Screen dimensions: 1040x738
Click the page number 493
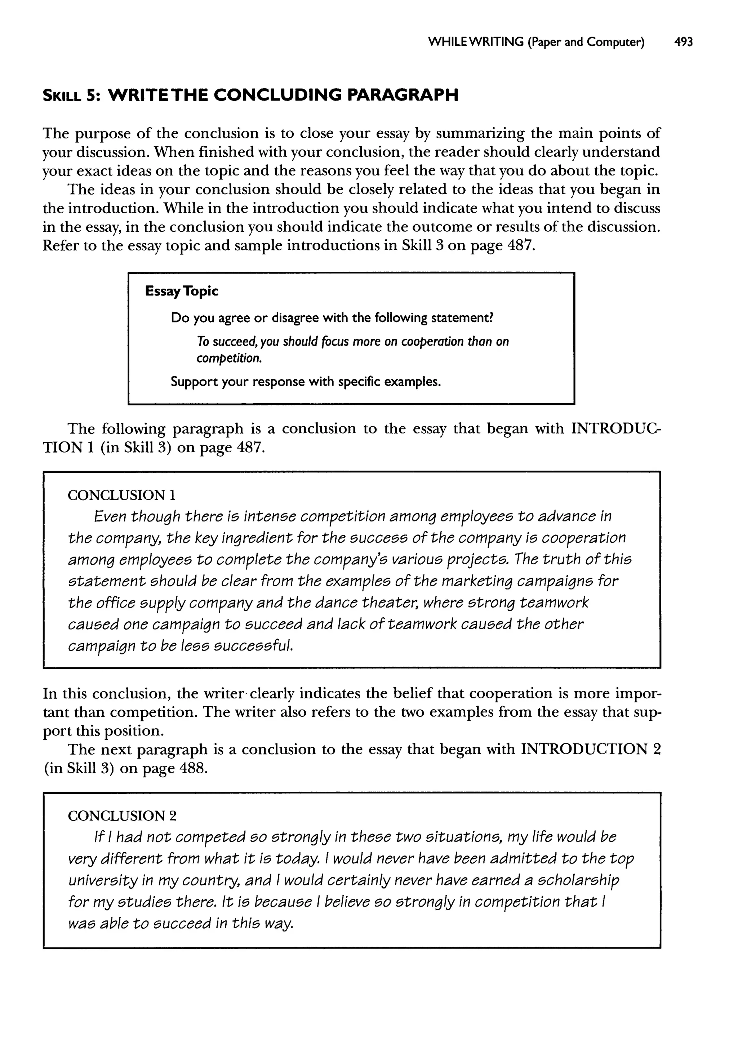[684, 42]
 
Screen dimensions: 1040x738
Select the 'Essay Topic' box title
[181, 291]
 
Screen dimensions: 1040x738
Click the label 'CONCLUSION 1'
[121, 495]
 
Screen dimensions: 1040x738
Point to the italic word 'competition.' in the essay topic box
[229, 358]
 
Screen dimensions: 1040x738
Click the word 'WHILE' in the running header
[448, 42]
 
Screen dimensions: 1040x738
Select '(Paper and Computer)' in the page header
[586, 42]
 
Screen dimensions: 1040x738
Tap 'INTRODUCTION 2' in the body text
[590, 749]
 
